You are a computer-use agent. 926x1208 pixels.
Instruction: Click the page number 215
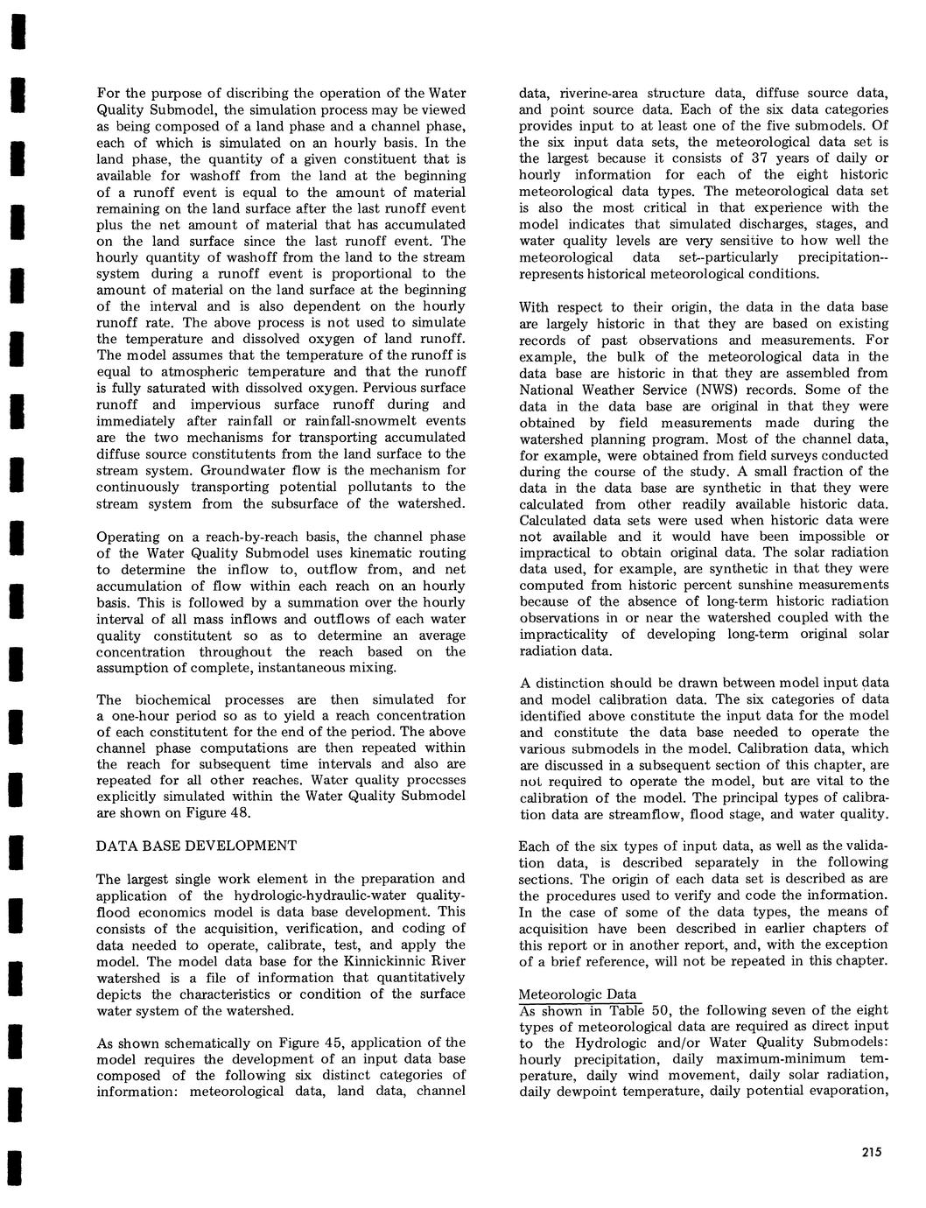[x=870, y=1152]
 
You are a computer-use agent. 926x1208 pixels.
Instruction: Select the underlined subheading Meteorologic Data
[x=579, y=994]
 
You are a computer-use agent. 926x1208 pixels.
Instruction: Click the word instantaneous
[x=311, y=667]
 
